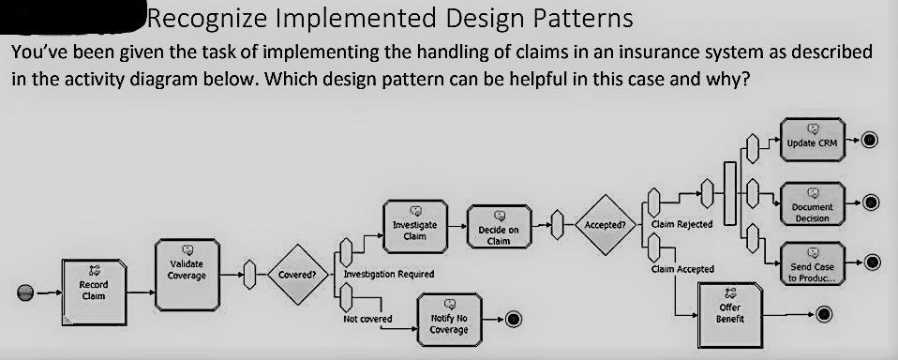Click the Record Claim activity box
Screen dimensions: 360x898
93,289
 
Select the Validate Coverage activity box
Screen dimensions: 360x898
187,269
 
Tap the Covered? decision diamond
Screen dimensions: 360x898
297,276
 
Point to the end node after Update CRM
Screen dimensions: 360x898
870,140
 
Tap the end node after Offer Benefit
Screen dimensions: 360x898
824,313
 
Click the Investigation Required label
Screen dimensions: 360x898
388,274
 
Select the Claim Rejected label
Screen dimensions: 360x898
681,225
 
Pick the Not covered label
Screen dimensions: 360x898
367,319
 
